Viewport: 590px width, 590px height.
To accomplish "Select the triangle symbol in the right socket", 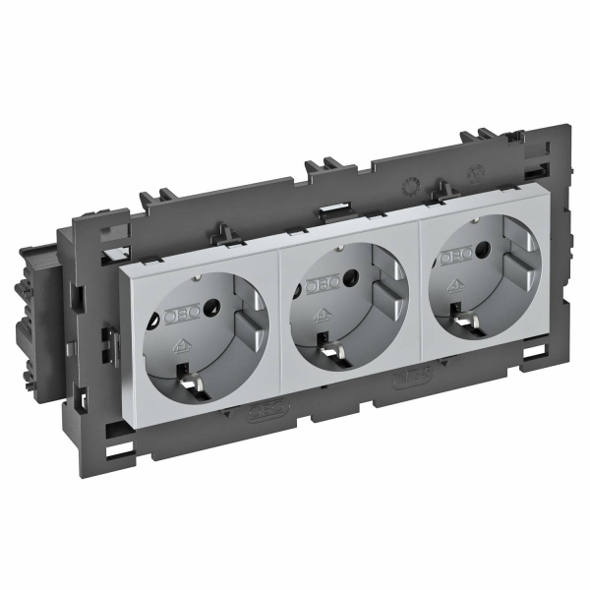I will click(x=454, y=286).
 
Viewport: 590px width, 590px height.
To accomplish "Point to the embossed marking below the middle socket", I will click(x=409, y=375).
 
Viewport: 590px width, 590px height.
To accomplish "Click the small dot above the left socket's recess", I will click(x=196, y=279).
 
